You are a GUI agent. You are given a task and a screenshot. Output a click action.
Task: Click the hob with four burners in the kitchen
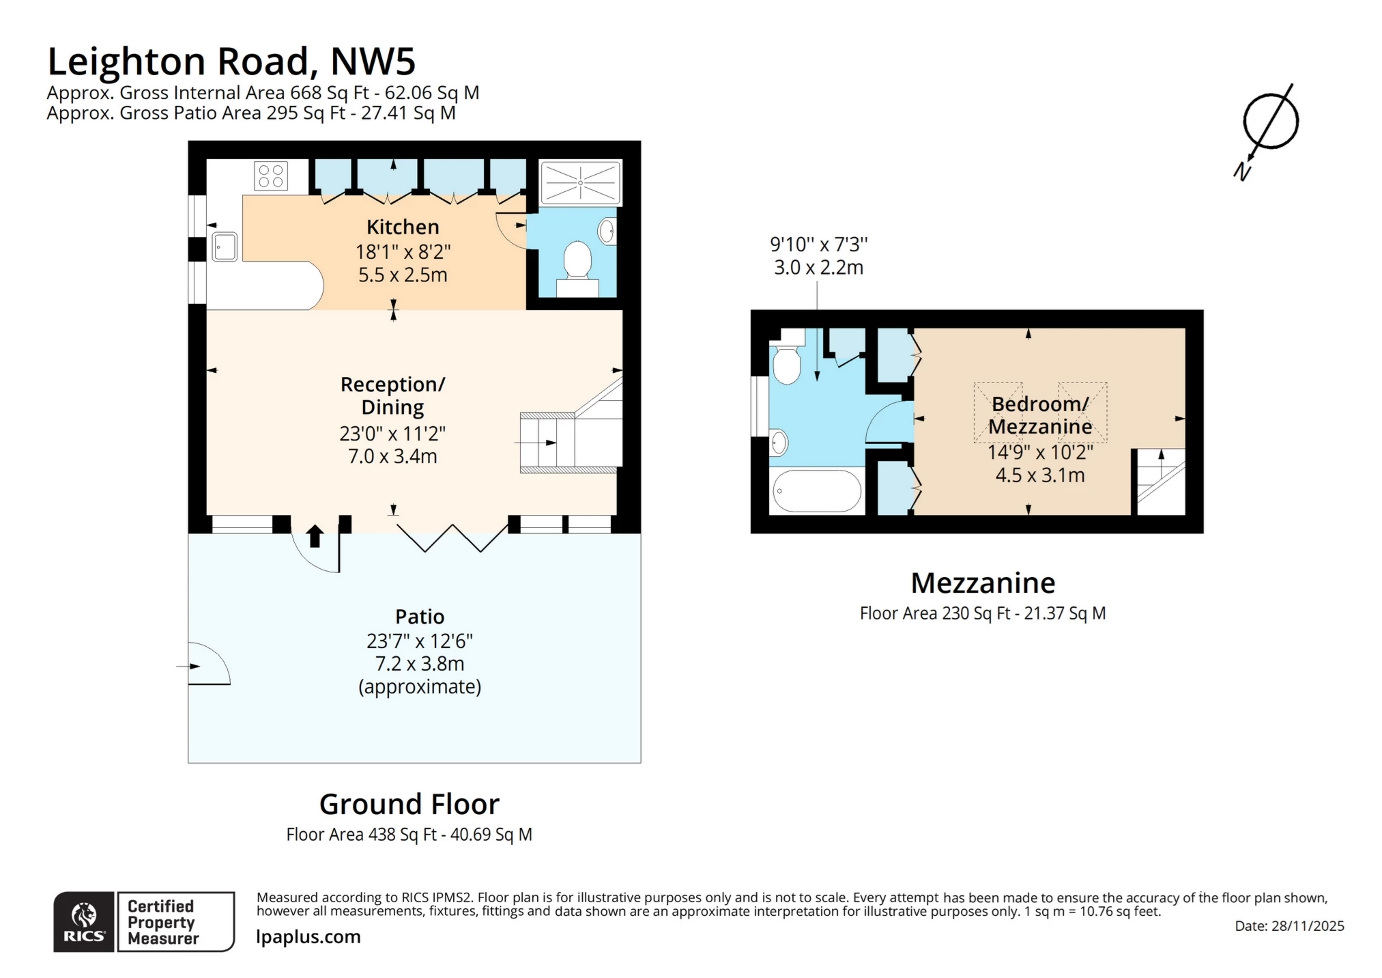tap(271, 176)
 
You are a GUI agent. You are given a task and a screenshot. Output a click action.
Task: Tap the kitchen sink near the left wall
tap(225, 247)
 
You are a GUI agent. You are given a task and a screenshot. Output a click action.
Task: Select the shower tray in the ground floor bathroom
tap(580, 182)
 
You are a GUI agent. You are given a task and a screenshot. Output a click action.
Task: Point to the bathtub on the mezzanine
tap(817, 491)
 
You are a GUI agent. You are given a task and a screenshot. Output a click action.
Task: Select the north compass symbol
tap(1269, 122)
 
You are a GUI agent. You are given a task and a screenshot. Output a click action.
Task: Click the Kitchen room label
tap(403, 227)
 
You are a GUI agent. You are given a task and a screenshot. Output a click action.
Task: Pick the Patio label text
tap(420, 617)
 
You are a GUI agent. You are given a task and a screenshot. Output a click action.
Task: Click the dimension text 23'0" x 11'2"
tap(392, 434)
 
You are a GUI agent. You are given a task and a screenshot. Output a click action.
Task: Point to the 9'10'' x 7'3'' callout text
tap(818, 244)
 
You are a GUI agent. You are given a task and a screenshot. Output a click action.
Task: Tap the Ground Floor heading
tap(409, 805)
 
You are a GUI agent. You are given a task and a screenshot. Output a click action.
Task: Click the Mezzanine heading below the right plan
tap(983, 583)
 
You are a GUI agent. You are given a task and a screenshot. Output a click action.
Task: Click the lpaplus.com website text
tap(308, 937)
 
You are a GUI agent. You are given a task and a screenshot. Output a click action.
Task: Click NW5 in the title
tap(373, 61)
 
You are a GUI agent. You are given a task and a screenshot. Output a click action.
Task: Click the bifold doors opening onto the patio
tap(453, 537)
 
